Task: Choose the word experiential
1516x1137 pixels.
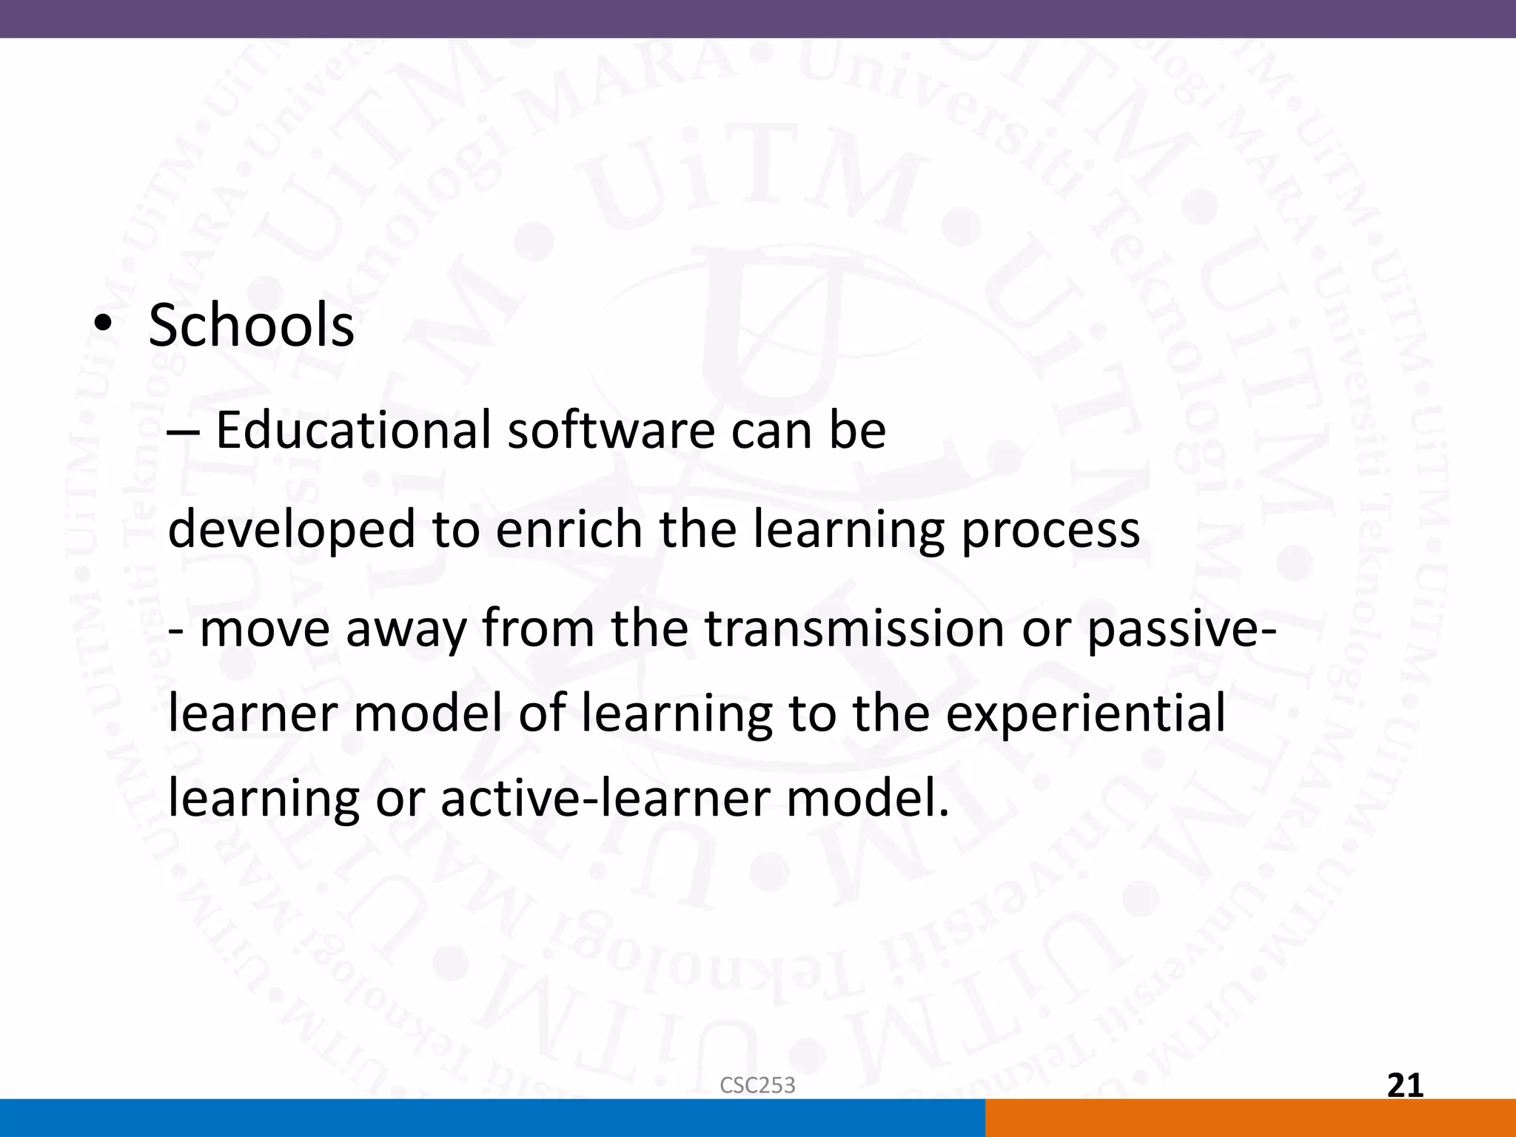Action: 1085,715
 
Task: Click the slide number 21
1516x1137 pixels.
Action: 1404,1085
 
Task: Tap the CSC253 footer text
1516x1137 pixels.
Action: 757,1085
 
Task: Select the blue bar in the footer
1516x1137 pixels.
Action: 492,1118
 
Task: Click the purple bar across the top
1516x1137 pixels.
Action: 758,19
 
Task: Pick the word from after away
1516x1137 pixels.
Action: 538,628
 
